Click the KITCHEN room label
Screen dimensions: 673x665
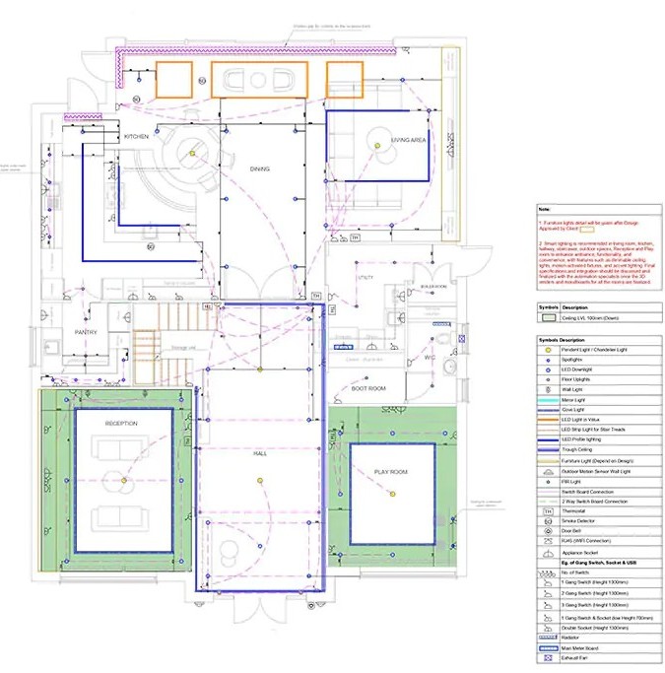136,135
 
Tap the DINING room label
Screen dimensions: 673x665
259,169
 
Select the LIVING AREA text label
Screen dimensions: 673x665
408,141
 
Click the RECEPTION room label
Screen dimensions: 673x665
121,424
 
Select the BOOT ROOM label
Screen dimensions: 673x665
369,389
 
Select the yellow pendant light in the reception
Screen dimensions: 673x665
125,482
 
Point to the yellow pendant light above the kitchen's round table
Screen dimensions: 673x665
194,151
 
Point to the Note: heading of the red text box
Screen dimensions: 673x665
544,210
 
